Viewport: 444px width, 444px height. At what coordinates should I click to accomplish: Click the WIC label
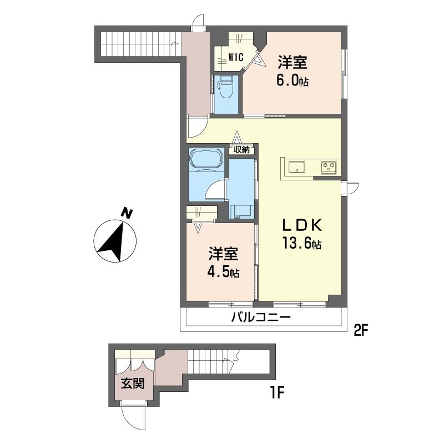point(236,58)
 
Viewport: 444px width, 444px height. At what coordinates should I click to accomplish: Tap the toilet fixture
point(225,87)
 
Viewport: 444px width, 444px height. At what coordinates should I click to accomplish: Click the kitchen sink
point(297,167)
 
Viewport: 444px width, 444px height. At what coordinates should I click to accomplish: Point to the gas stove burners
point(329,167)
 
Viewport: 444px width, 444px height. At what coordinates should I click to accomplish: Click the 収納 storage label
point(241,150)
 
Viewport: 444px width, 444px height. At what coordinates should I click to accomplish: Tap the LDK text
point(302,225)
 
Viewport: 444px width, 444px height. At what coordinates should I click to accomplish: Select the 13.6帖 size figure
point(301,243)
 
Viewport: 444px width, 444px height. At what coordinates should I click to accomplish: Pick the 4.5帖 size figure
point(224,272)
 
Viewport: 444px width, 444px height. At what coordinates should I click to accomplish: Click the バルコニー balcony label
point(261,317)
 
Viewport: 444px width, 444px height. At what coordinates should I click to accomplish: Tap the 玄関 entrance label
point(133,384)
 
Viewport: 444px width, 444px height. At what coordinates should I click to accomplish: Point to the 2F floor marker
point(360,330)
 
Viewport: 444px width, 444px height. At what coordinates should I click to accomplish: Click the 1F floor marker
point(276,393)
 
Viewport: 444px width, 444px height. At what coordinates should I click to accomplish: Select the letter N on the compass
point(127,213)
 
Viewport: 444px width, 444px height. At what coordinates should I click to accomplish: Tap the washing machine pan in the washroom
point(240,212)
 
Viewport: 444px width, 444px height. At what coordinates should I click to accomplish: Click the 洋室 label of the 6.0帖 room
point(292,62)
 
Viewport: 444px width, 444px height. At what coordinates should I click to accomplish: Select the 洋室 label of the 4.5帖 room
point(224,254)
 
